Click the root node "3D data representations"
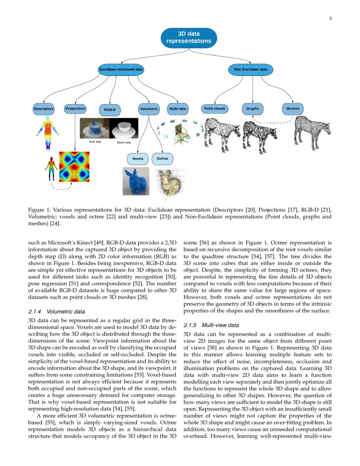click(189, 37)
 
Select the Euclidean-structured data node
click(121, 69)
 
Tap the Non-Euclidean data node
click(251, 69)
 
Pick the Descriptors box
click(44, 109)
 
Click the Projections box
click(75, 109)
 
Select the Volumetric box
click(149, 109)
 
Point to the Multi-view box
click(178, 109)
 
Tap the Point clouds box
click(214, 109)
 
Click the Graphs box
click(252, 109)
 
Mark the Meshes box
click(293, 109)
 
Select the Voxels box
click(138, 159)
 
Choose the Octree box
click(162, 159)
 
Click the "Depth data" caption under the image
click(124, 142)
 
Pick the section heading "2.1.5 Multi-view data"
click(211, 325)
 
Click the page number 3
click(330, 18)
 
